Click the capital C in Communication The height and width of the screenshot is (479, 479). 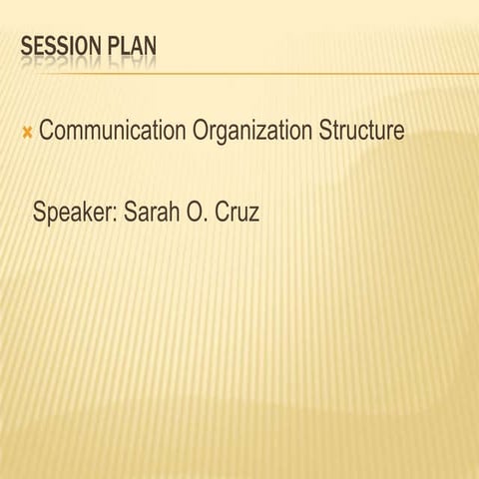47,131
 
